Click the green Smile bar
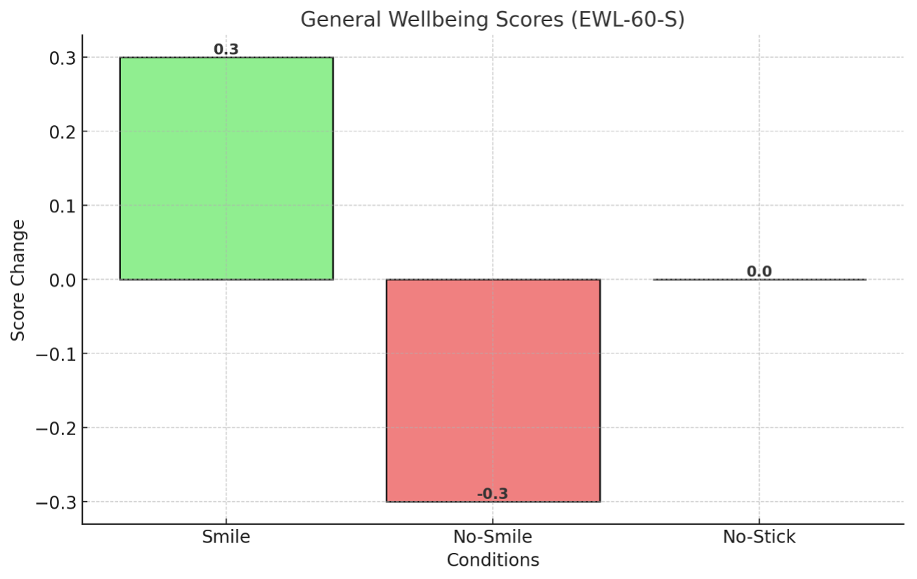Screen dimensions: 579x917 (x=226, y=169)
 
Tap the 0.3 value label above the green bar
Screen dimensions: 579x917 (x=226, y=50)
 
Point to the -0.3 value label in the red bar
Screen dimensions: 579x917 (x=493, y=494)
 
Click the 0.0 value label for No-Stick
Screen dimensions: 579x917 (x=759, y=272)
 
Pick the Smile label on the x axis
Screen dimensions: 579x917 (x=226, y=538)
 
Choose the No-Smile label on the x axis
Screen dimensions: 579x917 (x=493, y=538)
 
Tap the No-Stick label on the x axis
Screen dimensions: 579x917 (x=759, y=538)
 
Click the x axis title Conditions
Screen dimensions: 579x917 (x=493, y=560)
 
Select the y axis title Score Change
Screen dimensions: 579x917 (x=19, y=280)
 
